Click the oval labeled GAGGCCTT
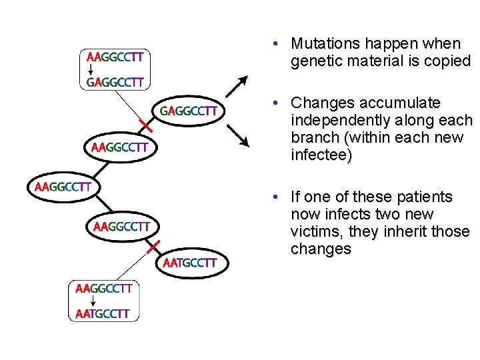(x=189, y=111)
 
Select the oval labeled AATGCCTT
(x=190, y=263)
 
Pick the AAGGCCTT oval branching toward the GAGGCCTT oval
(x=120, y=147)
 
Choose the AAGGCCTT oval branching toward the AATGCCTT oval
(x=121, y=227)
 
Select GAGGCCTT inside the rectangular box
(x=115, y=83)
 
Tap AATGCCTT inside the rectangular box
(x=103, y=313)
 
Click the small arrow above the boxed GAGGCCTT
(x=90, y=69)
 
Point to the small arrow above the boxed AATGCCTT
(x=79, y=301)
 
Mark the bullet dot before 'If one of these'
(x=275, y=197)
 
